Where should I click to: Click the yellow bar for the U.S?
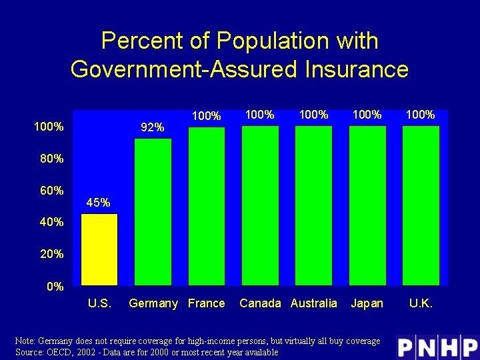pyautogui.click(x=99, y=249)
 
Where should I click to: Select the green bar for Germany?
pyautogui.click(x=153, y=212)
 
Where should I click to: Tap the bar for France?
pyautogui.click(x=207, y=206)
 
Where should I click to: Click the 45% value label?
pyautogui.click(x=99, y=203)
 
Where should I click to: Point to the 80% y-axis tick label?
pyautogui.click(x=51, y=159)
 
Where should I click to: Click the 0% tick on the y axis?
pyautogui.click(x=54, y=287)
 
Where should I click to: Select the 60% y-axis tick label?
pyautogui.click(x=51, y=191)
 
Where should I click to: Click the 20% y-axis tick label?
pyautogui.click(x=51, y=254)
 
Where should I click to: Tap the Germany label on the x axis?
pyautogui.click(x=153, y=303)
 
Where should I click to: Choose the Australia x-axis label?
pyautogui.click(x=314, y=303)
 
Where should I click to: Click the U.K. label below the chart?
pyautogui.click(x=421, y=303)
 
